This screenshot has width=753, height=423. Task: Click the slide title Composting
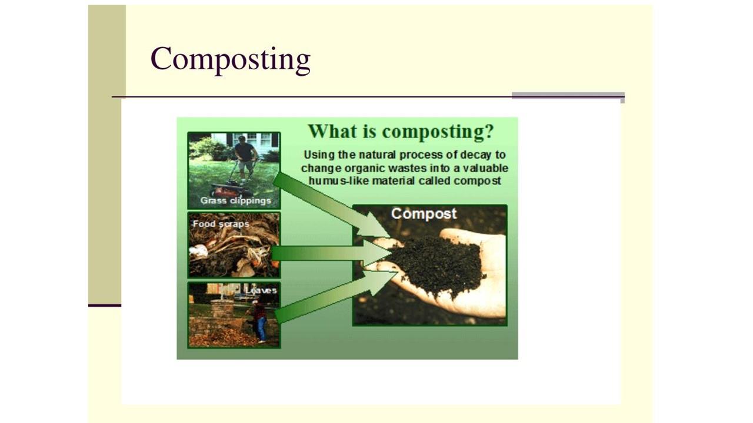pos(230,59)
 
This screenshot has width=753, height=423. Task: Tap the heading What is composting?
pos(401,131)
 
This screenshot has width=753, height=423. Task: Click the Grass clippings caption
pos(236,200)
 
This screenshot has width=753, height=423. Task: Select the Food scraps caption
pos(221,224)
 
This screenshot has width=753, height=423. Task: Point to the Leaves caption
pos(261,290)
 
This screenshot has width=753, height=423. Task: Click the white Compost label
pos(424,213)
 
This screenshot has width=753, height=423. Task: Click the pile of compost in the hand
pos(437,264)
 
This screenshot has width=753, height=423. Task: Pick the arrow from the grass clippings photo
pos(331,206)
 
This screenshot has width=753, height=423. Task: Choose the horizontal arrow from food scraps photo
pos(331,253)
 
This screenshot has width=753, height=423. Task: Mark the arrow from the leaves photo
pos(336,297)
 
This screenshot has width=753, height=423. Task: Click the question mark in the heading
pos(489,131)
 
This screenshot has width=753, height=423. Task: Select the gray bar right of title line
pos(568,95)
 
